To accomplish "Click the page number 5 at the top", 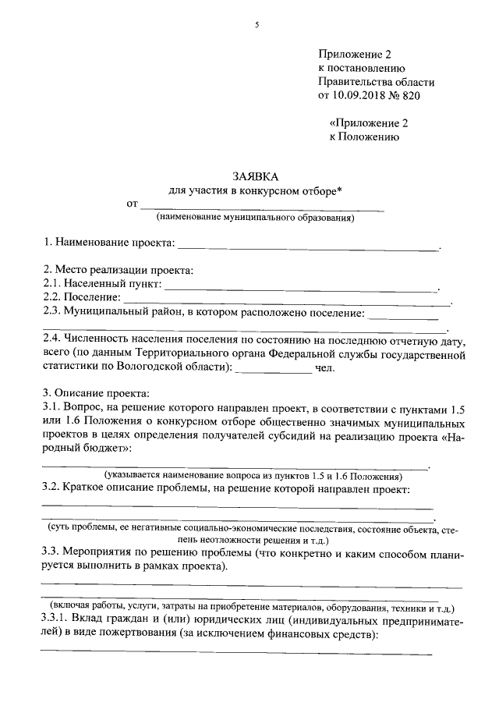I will [256, 25].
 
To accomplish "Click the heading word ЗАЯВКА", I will [255, 176].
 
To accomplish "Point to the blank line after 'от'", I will [261, 208].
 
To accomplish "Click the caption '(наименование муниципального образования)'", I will [255, 218].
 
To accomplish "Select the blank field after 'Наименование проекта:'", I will [309, 248].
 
